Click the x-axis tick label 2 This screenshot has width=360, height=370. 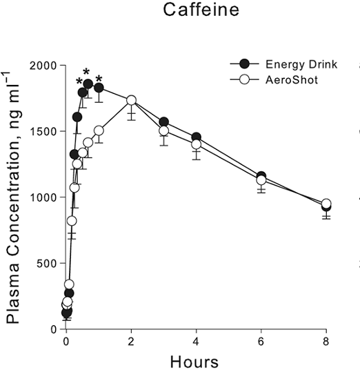(131, 341)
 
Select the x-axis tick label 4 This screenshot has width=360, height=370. (197, 341)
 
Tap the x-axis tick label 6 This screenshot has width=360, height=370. (261, 341)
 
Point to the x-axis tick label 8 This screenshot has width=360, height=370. (326, 341)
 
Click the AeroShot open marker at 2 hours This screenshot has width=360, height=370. (131, 101)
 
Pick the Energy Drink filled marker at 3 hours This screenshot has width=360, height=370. (163, 122)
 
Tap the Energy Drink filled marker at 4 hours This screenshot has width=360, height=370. (197, 137)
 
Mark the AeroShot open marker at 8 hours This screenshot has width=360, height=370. (326, 204)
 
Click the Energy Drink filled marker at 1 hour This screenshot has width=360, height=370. (99, 88)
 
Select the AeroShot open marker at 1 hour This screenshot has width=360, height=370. (99, 130)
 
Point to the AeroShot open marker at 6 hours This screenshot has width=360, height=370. (261, 180)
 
